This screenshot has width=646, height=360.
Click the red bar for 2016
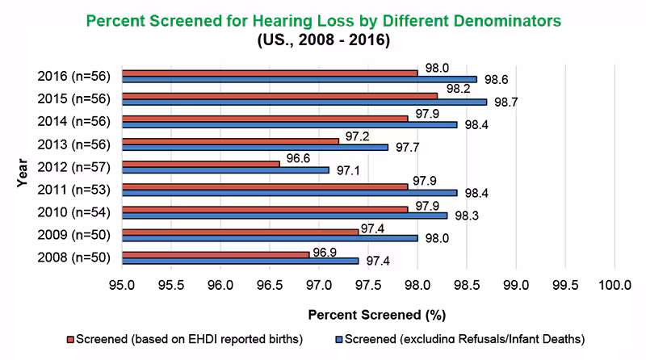pos(270,73)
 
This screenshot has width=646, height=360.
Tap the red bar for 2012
pos(201,163)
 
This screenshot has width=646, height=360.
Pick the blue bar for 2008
pos(241,261)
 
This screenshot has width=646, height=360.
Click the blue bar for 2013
pos(255,148)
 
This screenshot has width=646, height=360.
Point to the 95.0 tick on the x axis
pos(122,285)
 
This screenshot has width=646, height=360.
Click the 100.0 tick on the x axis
pos(615,285)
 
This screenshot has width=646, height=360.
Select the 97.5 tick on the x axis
pos(368,285)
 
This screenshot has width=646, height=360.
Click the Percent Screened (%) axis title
pos(377,313)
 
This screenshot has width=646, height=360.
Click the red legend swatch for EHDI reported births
pos(70,339)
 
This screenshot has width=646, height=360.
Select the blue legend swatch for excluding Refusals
pos(339,339)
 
